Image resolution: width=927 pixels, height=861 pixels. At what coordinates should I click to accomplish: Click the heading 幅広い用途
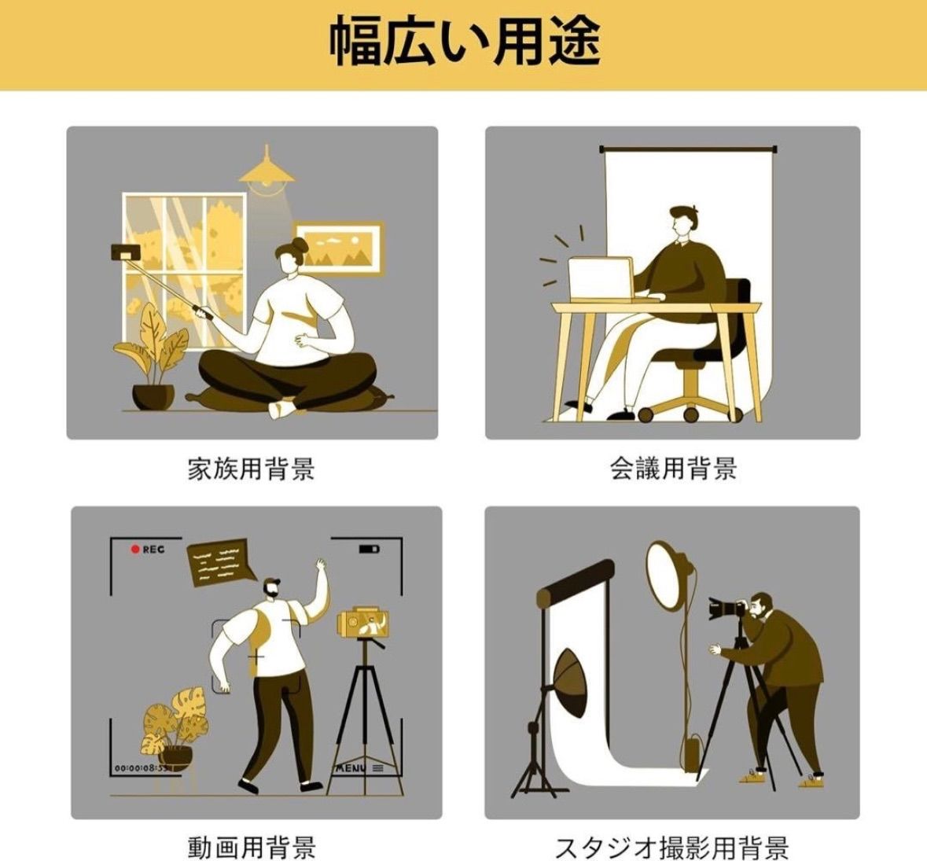(465, 42)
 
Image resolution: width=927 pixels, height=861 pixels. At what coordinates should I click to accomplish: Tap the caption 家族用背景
(252, 469)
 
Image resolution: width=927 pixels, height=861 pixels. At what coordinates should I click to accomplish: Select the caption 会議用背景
(673, 469)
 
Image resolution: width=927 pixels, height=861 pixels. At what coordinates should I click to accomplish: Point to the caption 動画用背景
(252, 847)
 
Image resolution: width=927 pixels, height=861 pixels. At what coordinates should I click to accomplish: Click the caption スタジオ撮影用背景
(673, 847)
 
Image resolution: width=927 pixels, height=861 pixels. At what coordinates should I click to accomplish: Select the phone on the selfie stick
(125, 252)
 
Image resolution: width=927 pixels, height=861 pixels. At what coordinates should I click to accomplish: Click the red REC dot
(134, 550)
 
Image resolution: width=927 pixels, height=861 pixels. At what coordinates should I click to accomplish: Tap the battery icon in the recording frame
(370, 550)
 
